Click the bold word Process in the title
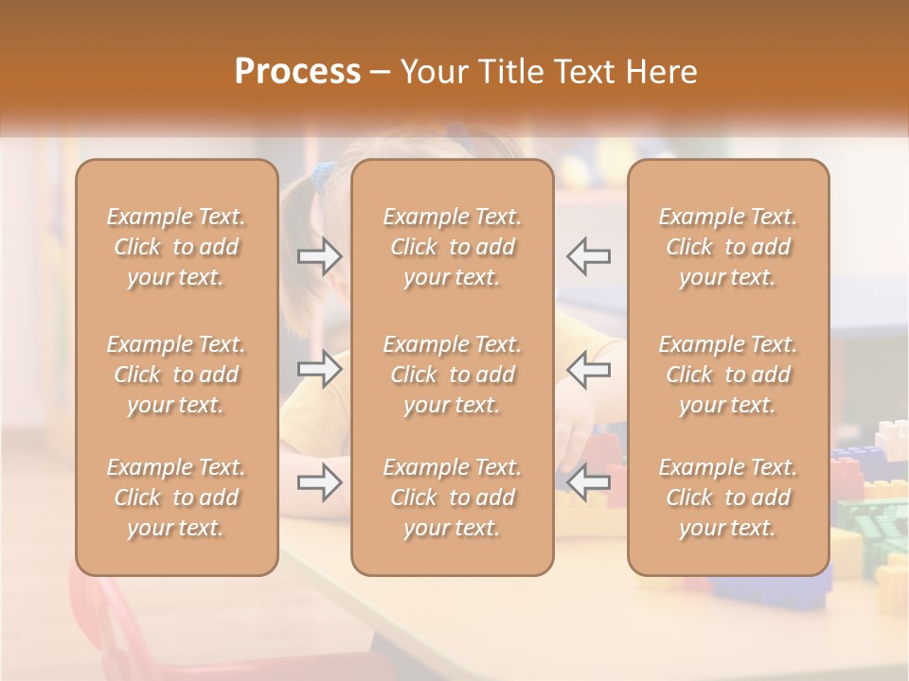coord(297,72)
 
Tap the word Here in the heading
coord(663,72)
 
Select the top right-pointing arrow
coord(320,255)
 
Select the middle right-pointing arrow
coord(320,369)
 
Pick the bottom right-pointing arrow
coord(320,483)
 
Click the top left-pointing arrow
coord(588,255)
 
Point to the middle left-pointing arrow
coord(588,369)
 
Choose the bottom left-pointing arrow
coord(588,483)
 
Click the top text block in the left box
coord(176,247)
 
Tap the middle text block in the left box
coord(176,375)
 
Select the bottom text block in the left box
coord(176,498)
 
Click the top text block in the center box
coord(453,247)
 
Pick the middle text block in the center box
coord(453,375)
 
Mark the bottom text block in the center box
coord(453,498)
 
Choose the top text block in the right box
coord(728,247)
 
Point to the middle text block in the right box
coord(728,375)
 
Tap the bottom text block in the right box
coord(728,498)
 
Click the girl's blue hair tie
coord(324,173)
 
